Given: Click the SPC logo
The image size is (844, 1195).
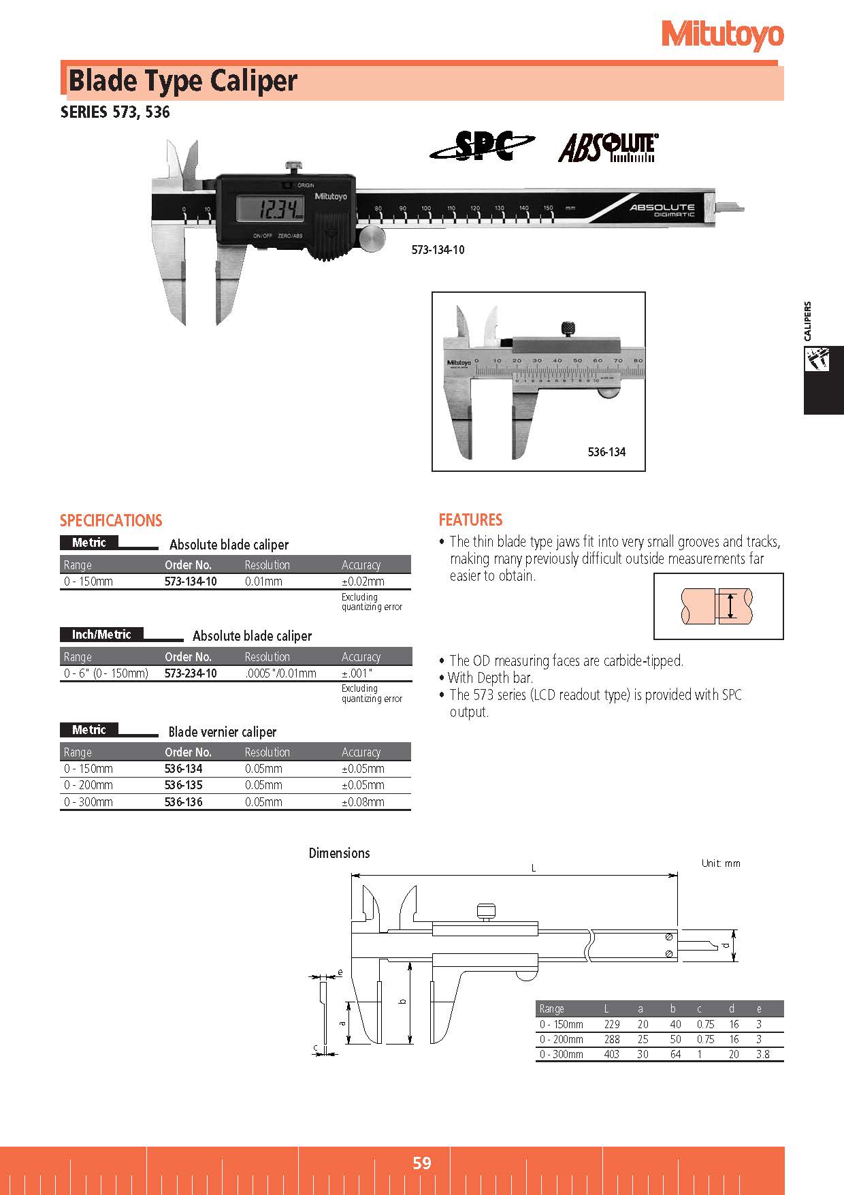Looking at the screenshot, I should click(x=482, y=146).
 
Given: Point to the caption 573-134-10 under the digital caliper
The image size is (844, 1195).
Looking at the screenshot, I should click(x=438, y=250).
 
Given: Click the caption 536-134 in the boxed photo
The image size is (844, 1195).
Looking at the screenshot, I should click(x=606, y=452).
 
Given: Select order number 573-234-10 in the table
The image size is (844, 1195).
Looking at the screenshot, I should click(x=191, y=673).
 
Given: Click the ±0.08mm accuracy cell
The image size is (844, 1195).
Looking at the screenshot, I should click(x=363, y=802).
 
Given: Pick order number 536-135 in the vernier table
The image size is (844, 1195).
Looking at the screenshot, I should click(x=183, y=785).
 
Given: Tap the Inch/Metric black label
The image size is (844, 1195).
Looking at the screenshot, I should click(x=101, y=635).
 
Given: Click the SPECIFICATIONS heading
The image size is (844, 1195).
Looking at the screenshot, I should click(x=111, y=521).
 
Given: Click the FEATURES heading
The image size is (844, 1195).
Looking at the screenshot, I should click(x=470, y=520).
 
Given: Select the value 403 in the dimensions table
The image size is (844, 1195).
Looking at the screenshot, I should click(x=611, y=1054).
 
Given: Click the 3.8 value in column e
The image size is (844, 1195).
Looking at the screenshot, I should click(x=762, y=1054).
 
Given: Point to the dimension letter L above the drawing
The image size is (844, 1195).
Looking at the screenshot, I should click(x=534, y=868).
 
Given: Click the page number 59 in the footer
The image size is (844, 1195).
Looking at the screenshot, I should click(x=421, y=1162).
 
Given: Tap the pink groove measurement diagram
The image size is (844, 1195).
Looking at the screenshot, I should click(x=717, y=606).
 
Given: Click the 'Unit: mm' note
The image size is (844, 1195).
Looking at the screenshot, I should click(x=720, y=863).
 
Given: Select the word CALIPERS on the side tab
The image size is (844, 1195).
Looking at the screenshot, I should click(x=807, y=321).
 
